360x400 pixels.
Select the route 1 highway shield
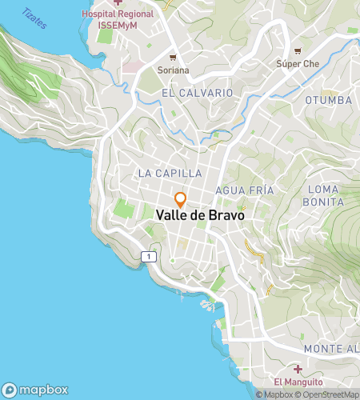point(149,256)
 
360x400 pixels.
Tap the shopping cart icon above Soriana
point(173,58)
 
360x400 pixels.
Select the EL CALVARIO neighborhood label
point(197,93)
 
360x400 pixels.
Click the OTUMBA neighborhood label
point(328,100)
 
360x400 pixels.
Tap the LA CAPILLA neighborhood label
point(170,173)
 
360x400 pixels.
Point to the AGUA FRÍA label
point(245,190)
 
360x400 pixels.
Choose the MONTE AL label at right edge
point(330,350)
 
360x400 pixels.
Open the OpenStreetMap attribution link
point(327,394)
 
